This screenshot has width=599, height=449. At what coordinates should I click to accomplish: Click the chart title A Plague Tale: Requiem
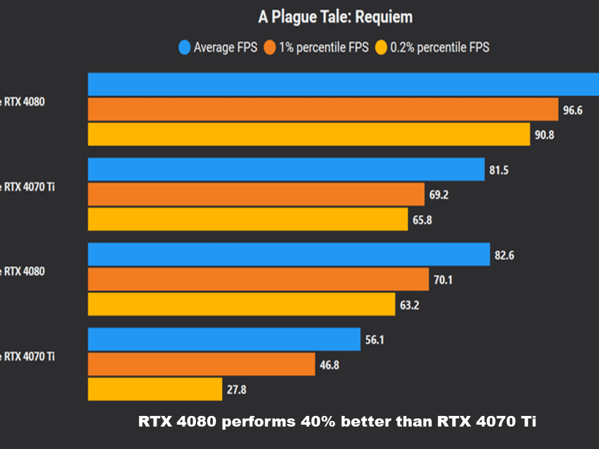click(x=335, y=17)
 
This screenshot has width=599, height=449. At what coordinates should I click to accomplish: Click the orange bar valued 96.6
click(x=323, y=110)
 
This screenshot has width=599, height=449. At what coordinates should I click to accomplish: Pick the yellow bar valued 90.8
click(x=308, y=134)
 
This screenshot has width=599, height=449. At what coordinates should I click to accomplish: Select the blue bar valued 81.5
click(x=286, y=169)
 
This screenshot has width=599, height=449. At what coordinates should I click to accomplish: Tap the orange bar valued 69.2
click(x=256, y=194)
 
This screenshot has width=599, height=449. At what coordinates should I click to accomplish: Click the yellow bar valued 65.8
click(x=248, y=219)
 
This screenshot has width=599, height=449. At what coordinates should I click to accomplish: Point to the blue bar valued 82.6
click(x=288, y=254)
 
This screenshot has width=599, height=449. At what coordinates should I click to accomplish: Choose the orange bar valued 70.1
click(x=258, y=279)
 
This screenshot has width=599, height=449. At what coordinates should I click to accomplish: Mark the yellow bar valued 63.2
click(x=241, y=304)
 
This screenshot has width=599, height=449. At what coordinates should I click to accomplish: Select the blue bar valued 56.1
click(x=224, y=339)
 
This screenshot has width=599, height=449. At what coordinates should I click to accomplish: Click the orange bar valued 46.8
click(x=201, y=364)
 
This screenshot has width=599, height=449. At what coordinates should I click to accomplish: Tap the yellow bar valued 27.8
click(x=155, y=389)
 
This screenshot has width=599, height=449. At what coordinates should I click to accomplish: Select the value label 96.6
click(x=572, y=110)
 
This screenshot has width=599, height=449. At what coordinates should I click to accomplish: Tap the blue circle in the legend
click(x=184, y=47)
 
